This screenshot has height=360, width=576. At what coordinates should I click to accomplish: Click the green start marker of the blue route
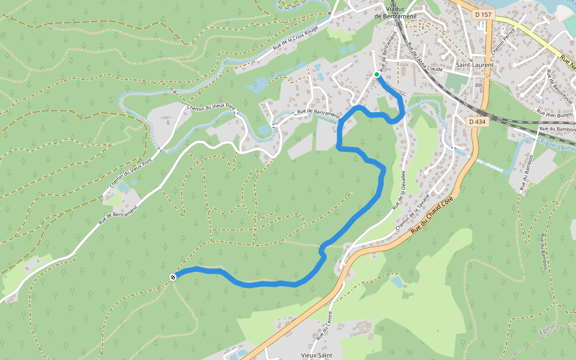(x=377, y=74)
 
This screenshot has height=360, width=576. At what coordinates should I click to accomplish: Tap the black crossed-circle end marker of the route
(x=173, y=277)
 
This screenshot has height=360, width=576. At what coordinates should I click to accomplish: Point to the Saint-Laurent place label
(x=475, y=65)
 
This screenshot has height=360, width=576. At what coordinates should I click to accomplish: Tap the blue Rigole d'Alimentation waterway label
(x=556, y=145)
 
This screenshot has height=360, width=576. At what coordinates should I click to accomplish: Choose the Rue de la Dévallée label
(x=400, y=190)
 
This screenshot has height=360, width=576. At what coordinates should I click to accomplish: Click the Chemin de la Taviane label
(x=413, y=211)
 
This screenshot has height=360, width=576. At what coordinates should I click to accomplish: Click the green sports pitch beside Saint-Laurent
(x=457, y=83)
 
